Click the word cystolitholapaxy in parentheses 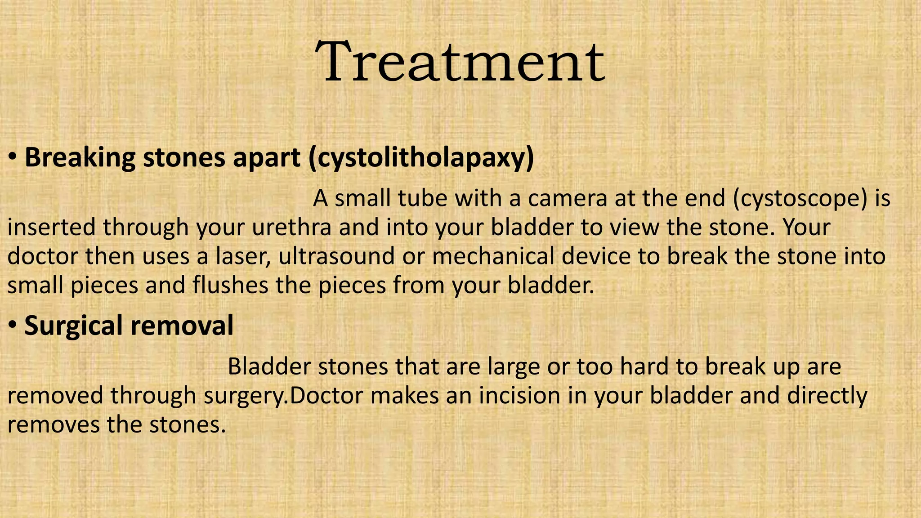421,158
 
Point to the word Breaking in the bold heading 79,158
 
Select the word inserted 51,227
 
